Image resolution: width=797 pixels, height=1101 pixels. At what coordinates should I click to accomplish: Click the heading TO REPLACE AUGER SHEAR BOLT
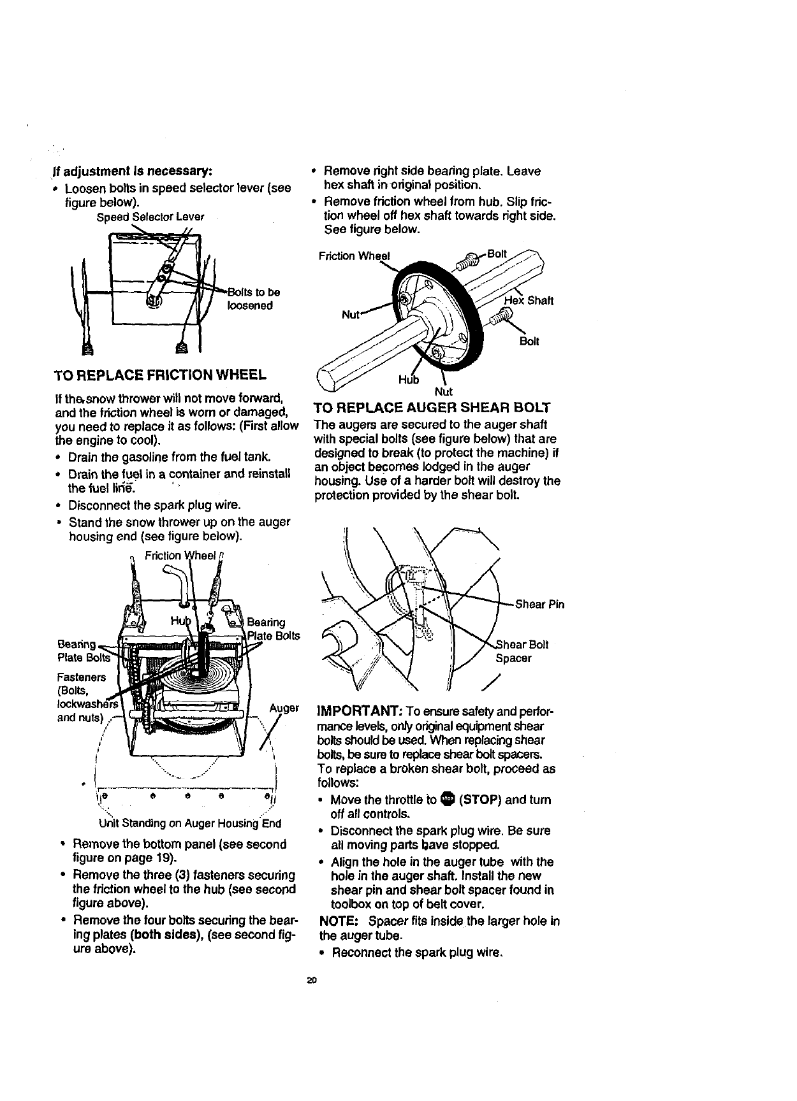tap(432, 408)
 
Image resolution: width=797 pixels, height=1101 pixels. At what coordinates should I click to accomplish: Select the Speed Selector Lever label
tap(150, 217)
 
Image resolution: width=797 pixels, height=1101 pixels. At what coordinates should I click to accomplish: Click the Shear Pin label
tap(539, 604)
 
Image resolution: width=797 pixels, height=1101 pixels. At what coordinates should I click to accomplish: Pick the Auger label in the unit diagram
tap(284, 708)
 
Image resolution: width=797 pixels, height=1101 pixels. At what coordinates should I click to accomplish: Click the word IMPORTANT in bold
tap(354, 711)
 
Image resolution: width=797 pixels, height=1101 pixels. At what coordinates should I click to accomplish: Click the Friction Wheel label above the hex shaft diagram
tap(353, 256)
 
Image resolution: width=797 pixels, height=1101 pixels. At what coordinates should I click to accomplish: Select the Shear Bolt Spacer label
tap(520, 651)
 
